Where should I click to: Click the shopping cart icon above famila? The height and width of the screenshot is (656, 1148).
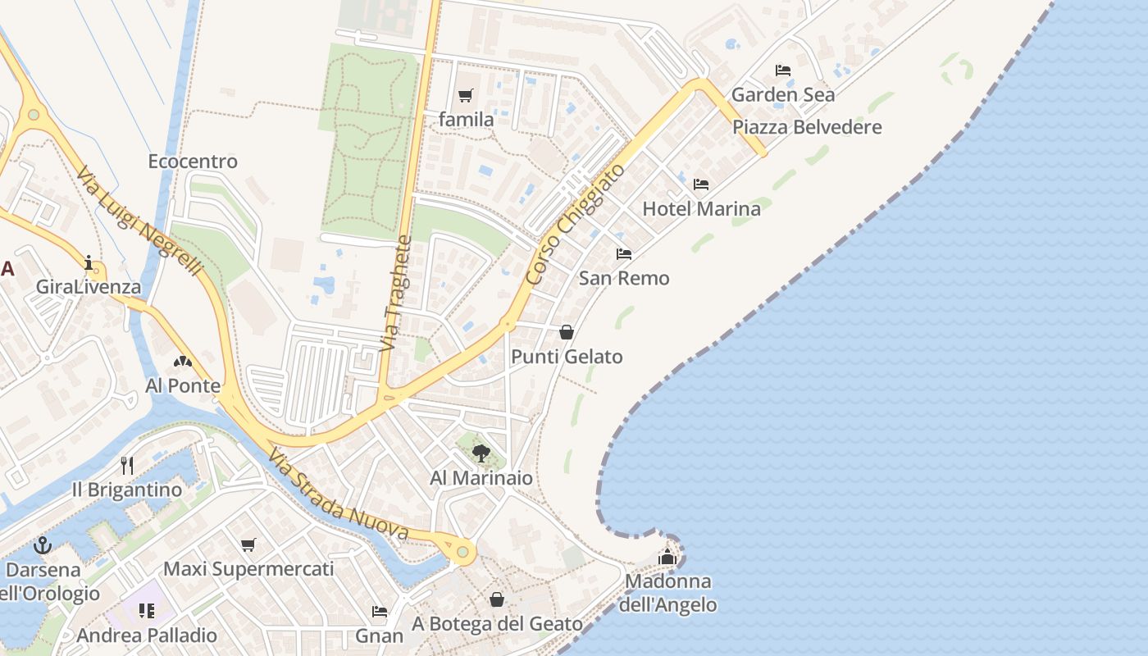[466, 96]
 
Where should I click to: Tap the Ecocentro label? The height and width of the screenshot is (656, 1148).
[193, 162]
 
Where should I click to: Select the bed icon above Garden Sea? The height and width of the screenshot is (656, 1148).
[783, 71]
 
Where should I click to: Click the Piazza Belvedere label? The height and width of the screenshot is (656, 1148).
[807, 127]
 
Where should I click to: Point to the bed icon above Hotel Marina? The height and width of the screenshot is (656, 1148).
[701, 184]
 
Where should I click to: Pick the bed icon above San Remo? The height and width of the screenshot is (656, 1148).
[624, 254]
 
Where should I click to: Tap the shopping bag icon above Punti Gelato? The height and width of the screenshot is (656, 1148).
[567, 332]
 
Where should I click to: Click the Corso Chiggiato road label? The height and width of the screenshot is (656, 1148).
[575, 224]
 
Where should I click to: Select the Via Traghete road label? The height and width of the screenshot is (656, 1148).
[395, 294]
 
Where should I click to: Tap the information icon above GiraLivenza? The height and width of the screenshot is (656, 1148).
[89, 262]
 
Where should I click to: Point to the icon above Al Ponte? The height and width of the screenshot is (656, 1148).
[183, 361]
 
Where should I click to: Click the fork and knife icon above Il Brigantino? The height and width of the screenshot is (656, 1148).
[127, 466]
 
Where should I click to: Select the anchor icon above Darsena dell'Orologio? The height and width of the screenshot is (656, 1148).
[42, 545]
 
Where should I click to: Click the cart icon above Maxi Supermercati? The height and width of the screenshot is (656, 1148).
[248, 544]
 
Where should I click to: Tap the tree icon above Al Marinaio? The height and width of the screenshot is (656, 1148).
[481, 453]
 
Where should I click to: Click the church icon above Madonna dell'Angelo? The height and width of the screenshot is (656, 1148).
[667, 558]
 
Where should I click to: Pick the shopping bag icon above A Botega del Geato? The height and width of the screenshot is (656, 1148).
[497, 599]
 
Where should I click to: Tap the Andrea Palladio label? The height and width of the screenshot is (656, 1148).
[147, 635]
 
